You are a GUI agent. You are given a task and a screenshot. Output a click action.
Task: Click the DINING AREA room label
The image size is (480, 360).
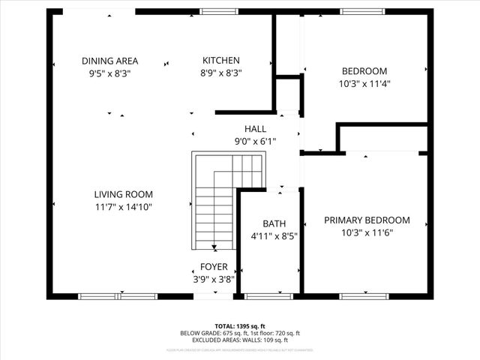click(x=110, y=61)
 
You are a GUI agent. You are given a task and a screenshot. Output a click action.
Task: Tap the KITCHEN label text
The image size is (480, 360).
click(x=221, y=61)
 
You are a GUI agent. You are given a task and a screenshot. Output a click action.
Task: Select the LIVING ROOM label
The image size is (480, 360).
click(x=124, y=193)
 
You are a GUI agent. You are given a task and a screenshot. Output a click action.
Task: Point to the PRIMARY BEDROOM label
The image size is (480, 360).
click(x=367, y=220)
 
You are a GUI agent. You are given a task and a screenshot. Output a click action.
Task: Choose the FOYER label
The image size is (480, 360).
click(x=214, y=266)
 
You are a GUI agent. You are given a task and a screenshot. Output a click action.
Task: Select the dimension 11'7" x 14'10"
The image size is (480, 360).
click(x=124, y=206)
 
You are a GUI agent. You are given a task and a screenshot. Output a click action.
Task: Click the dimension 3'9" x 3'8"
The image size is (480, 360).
click(x=214, y=279)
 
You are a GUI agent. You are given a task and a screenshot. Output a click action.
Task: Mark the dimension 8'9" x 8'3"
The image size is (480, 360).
click(x=221, y=73)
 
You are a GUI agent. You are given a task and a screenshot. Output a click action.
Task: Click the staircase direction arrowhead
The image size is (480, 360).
click(x=214, y=247)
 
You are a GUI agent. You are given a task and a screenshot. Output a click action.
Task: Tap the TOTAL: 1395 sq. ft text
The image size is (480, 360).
click(x=240, y=327)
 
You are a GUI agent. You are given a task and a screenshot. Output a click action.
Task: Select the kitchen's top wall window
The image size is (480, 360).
click(x=214, y=11)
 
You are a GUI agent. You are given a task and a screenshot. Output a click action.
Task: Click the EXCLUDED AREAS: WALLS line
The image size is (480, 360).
click(x=240, y=340)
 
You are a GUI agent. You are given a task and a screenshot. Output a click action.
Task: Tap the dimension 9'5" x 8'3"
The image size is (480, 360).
click(x=110, y=73)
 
